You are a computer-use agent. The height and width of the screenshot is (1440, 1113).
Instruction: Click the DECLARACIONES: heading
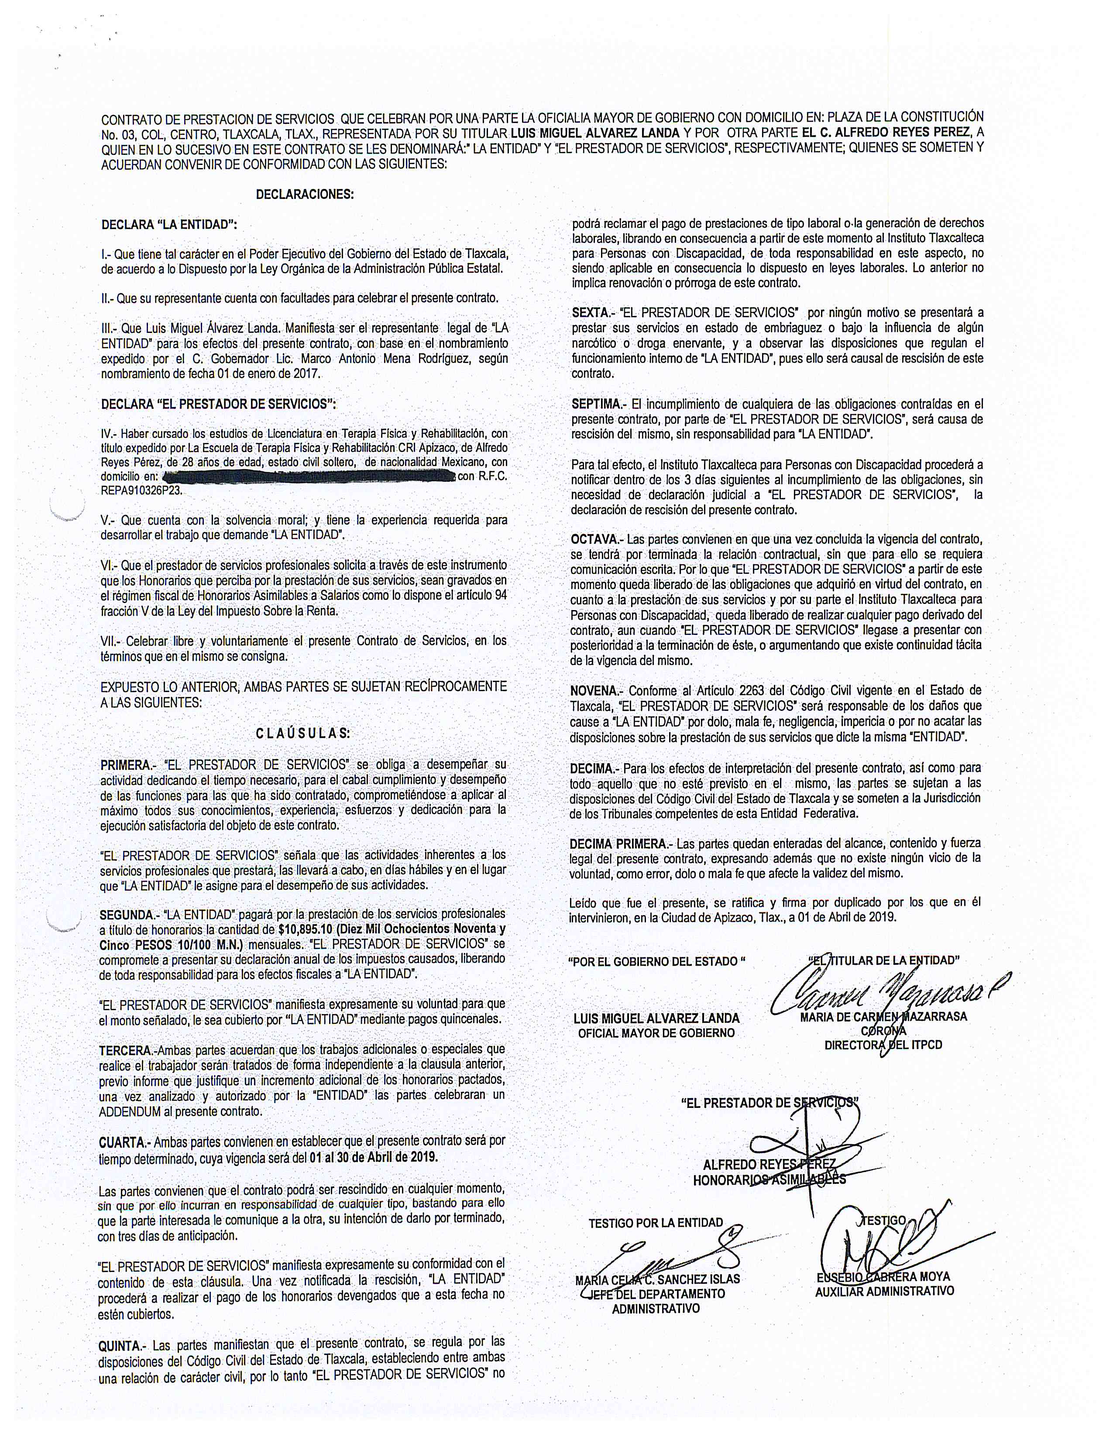pos(305,195)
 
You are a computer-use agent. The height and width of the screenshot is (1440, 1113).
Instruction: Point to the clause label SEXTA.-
pos(592,312)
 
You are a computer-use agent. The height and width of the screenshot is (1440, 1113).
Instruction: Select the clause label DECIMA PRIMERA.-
pos(619,843)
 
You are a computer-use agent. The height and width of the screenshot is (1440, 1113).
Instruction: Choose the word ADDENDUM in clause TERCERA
pos(131,1111)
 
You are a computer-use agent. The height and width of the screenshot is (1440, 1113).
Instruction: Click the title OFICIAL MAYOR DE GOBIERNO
pos(656,1033)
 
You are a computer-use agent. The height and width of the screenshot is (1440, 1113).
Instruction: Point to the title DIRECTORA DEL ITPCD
pos(883,1045)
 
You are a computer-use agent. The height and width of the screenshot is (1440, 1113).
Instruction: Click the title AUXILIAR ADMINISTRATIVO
pos(884,1291)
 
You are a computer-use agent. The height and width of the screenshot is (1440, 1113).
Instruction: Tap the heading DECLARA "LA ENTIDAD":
pos(169,225)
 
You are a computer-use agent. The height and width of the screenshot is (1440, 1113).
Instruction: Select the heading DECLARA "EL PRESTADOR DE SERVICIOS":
pos(218,404)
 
